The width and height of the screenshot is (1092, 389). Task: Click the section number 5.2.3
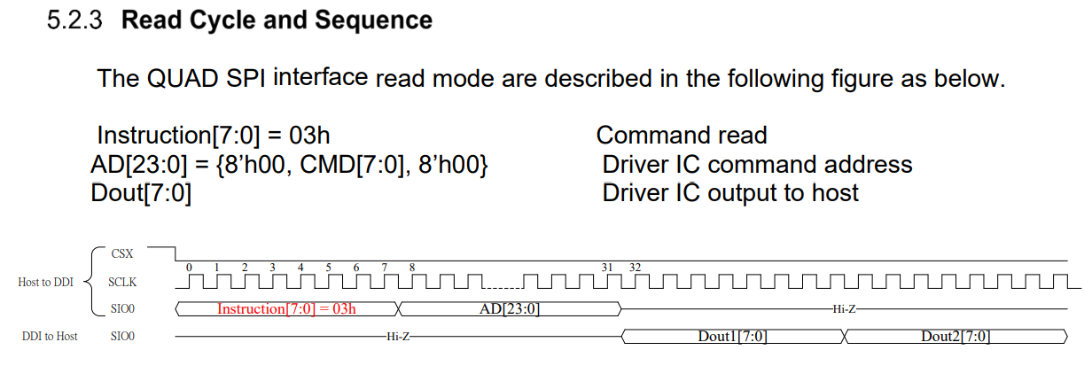(x=75, y=20)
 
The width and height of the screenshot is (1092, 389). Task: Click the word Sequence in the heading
(x=378, y=20)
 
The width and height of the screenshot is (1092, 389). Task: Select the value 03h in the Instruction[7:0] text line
(x=310, y=136)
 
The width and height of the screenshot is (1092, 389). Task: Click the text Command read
(x=681, y=136)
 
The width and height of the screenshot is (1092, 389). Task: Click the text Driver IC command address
(x=757, y=165)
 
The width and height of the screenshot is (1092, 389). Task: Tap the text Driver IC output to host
(x=730, y=192)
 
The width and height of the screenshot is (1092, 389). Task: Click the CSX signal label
(x=122, y=253)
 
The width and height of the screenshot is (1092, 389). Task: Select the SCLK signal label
(x=121, y=282)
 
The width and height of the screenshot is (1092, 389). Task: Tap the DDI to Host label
(x=50, y=337)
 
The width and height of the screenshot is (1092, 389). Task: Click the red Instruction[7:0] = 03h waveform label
(x=286, y=309)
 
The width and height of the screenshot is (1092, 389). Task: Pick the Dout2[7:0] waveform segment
(x=955, y=337)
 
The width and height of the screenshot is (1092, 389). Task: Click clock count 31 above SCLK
(x=608, y=268)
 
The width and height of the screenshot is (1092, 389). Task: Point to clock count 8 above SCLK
(x=411, y=268)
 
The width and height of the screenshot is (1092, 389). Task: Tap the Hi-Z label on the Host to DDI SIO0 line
(x=843, y=309)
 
